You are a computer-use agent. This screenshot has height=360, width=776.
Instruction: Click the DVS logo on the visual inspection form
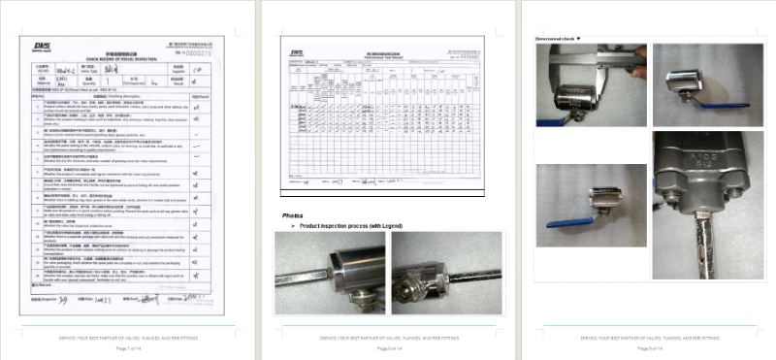click(x=41, y=45)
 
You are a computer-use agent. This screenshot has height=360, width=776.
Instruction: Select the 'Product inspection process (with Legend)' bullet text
click(x=353, y=225)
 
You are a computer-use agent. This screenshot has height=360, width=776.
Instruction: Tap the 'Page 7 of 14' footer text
click(x=129, y=347)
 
